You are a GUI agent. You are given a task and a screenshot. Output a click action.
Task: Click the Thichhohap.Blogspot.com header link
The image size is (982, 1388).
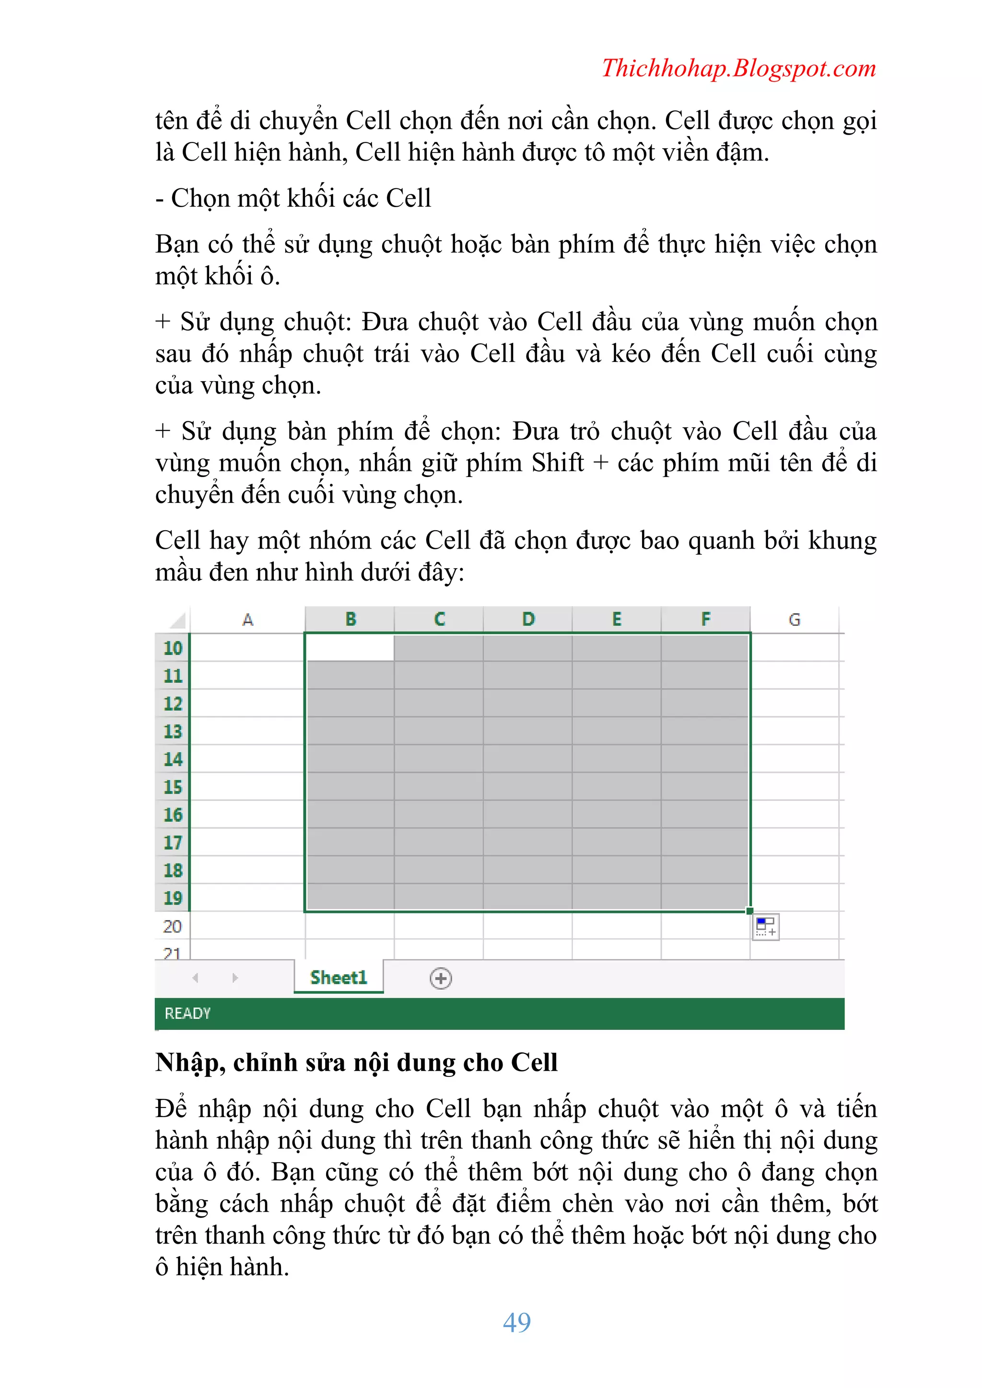[x=738, y=68]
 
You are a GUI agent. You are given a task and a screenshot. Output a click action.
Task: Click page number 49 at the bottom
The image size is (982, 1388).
[x=516, y=1322]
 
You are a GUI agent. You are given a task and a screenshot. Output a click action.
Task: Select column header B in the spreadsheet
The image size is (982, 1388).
[x=350, y=619]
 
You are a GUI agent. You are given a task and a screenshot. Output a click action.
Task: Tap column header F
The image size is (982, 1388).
[x=706, y=619]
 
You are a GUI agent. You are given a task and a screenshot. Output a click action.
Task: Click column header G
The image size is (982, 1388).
[x=794, y=619]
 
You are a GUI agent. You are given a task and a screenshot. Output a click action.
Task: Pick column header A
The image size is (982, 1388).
[x=247, y=619]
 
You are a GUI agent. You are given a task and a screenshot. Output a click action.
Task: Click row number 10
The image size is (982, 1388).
[x=172, y=648]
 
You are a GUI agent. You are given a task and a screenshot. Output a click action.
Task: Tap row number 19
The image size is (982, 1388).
[x=172, y=898]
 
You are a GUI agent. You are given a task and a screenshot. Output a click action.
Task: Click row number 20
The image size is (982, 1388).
[x=172, y=926]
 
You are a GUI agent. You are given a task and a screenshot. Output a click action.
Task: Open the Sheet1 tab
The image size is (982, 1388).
[x=339, y=978]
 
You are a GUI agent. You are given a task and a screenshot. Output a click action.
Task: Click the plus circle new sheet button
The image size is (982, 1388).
[x=441, y=978]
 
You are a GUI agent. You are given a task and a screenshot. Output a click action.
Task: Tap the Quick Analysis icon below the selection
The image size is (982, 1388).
[x=766, y=927]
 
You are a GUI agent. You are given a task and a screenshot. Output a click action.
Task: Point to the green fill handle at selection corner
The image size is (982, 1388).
[x=750, y=911]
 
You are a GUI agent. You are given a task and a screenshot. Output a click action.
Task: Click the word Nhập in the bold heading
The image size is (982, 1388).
[x=187, y=1063]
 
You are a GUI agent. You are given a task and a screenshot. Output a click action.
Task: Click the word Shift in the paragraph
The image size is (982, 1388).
[x=558, y=463]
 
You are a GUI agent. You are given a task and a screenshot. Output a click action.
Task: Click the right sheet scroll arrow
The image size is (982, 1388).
[x=235, y=978]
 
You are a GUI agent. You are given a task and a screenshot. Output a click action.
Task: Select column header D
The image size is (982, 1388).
[x=528, y=619]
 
